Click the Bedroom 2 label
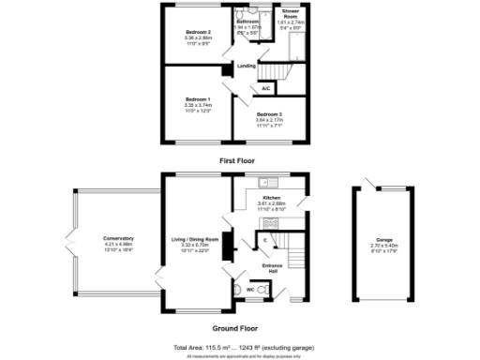(x=197, y=33)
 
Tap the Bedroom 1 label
(x=197, y=98)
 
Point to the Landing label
(x=247, y=66)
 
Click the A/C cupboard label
(x=266, y=88)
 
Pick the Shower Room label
(x=291, y=10)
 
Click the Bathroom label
(x=247, y=21)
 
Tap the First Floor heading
(x=237, y=160)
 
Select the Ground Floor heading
(x=235, y=328)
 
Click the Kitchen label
(x=272, y=198)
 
